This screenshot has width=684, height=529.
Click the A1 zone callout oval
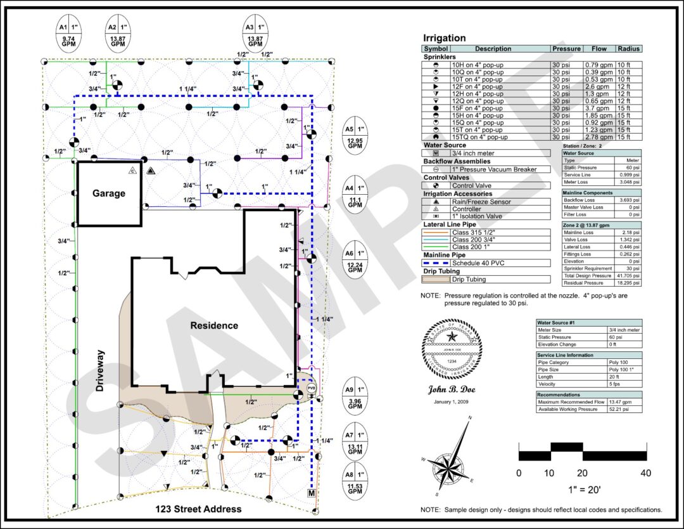[x=69, y=34]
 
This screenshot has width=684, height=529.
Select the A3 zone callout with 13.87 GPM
[x=255, y=34]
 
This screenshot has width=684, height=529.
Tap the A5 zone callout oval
[x=355, y=136]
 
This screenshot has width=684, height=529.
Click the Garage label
[x=109, y=193]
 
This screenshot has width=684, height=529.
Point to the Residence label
[x=214, y=325]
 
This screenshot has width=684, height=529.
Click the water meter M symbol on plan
[x=312, y=492]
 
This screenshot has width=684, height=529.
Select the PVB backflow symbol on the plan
[x=311, y=387]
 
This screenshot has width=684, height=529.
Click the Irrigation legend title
[x=444, y=38]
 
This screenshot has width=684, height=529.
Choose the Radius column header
[x=628, y=49]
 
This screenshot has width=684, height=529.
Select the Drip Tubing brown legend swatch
[x=436, y=279]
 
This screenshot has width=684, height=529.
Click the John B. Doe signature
[x=452, y=390]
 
